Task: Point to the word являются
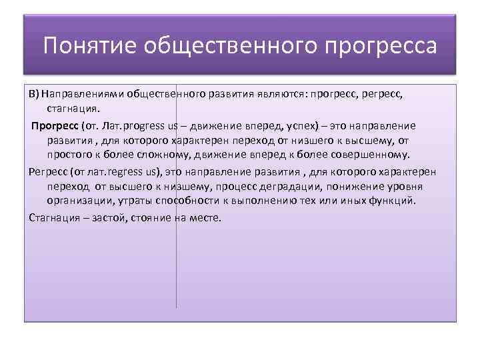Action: pyautogui.click(x=275, y=94)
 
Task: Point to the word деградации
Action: pyautogui.click(x=272, y=186)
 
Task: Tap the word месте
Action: pyautogui.click(x=204, y=218)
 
